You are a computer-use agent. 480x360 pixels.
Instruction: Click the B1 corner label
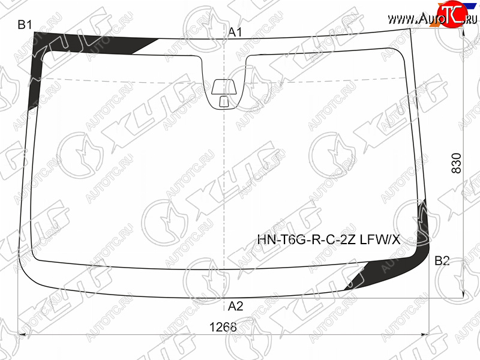tap(25, 24)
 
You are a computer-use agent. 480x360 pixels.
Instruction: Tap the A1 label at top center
tap(235, 32)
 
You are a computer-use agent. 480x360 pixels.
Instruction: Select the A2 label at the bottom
tap(235, 305)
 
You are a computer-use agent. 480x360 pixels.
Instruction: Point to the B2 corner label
tap(442, 260)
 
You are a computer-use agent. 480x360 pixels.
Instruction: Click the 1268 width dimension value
tap(223, 327)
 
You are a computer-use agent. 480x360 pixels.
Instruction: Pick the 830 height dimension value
tap(456, 163)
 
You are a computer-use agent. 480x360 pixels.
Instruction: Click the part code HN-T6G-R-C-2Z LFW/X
tap(328, 239)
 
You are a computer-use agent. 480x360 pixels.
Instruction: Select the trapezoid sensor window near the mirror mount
tap(224, 87)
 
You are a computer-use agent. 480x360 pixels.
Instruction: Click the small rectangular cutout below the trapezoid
tap(224, 101)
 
